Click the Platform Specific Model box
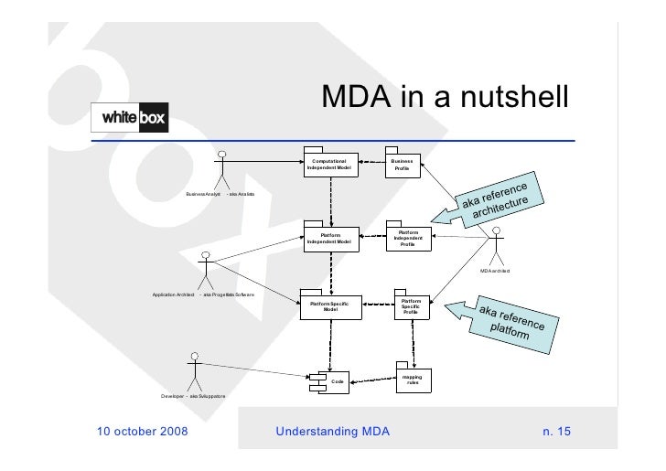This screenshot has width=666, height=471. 329,305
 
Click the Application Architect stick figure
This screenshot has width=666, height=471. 207,271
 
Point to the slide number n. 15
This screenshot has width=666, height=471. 555,430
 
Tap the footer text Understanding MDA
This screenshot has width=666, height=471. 332,430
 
